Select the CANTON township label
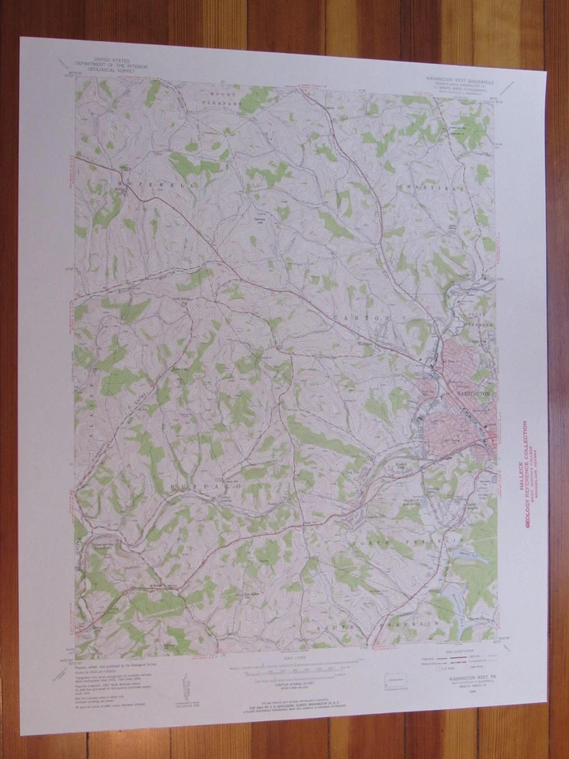click(361, 317)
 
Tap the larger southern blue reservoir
click(447, 601)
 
